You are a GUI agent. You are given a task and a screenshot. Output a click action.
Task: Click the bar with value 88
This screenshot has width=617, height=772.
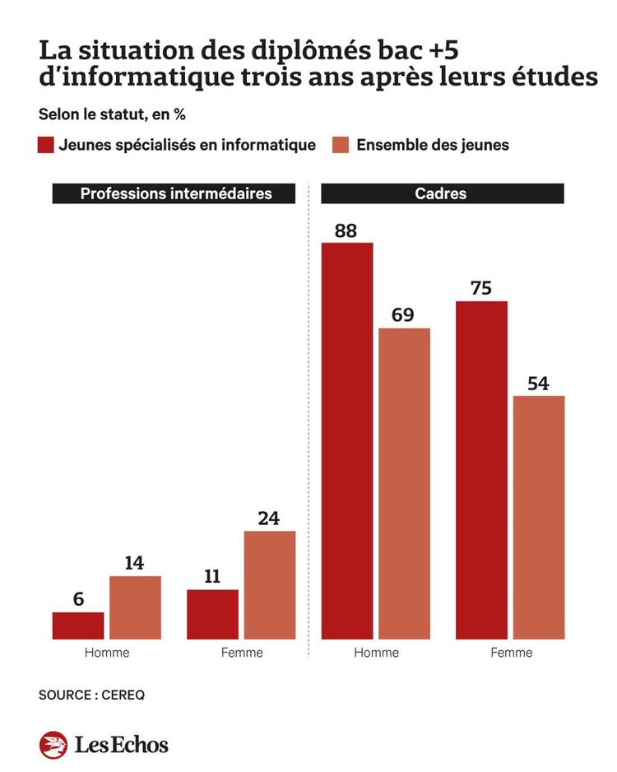click(346, 440)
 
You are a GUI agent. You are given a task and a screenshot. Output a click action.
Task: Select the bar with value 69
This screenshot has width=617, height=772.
click(404, 483)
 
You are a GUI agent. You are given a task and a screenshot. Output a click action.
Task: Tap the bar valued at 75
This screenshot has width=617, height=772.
click(481, 470)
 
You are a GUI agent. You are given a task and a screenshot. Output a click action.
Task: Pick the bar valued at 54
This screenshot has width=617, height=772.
click(539, 517)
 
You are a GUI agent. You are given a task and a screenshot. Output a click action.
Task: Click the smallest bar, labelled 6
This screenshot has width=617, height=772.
click(78, 626)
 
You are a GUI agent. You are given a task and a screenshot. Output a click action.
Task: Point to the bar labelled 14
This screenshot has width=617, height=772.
click(135, 607)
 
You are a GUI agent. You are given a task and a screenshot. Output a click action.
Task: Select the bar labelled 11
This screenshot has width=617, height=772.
click(212, 614)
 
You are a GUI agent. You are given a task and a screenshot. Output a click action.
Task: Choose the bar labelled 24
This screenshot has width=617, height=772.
click(269, 584)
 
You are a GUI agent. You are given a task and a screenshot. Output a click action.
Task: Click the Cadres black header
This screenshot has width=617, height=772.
click(442, 193)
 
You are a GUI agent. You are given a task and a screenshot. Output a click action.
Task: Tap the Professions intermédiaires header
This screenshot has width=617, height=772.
click(175, 193)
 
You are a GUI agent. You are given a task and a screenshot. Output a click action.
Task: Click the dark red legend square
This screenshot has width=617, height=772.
click(46, 145)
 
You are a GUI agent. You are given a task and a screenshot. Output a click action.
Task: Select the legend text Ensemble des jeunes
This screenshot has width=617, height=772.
click(433, 145)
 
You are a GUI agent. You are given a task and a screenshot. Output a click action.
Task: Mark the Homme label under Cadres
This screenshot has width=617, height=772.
click(376, 653)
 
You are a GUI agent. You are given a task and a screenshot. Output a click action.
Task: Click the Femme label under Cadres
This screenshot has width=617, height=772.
click(511, 653)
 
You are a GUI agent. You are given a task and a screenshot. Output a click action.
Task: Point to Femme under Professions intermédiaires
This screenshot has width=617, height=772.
click(242, 653)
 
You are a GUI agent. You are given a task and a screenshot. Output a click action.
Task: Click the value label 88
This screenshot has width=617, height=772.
click(346, 230)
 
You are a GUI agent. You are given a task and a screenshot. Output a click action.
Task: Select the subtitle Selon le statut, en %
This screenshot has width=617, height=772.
click(111, 114)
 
